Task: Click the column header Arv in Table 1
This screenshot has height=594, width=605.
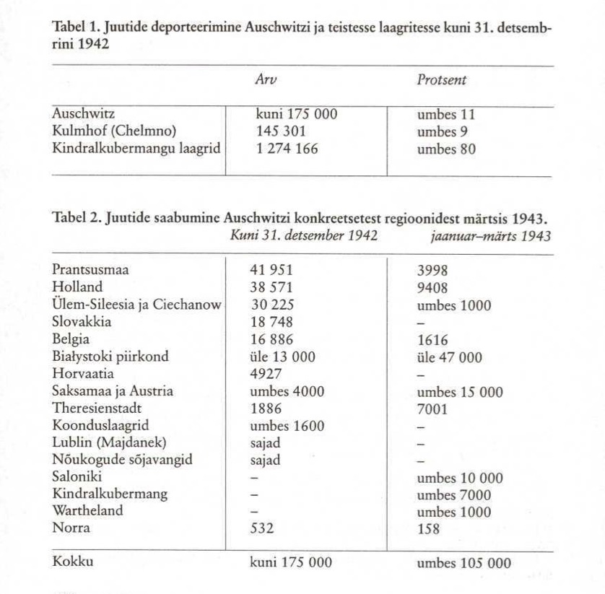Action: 266,81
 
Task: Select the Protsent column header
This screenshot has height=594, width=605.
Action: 441,81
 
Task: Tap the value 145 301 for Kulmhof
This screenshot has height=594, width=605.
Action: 281,132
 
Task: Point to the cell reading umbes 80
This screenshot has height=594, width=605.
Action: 446,149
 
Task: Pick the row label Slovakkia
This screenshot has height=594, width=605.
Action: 82,323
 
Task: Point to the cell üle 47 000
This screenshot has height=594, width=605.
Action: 450,357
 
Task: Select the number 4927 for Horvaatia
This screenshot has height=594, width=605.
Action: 264,373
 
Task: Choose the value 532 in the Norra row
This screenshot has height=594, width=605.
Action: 261,528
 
